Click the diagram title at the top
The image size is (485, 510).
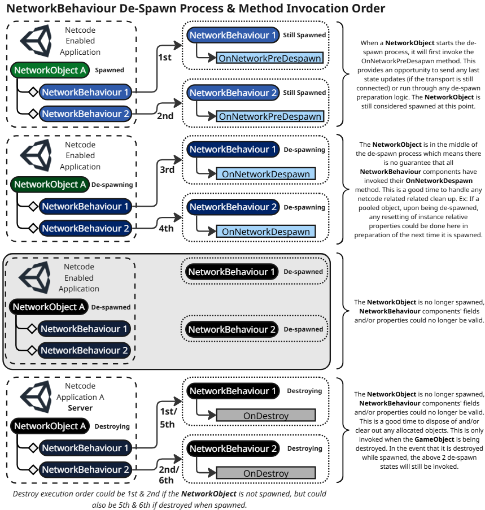tap(195, 9)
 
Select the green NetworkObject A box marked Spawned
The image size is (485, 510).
tap(50, 71)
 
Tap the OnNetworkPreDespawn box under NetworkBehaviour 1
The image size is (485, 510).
tap(270, 58)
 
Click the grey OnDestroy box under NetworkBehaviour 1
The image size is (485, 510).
tap(265, 416)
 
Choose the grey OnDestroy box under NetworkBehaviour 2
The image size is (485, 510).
tap(265, 473)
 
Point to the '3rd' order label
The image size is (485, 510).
tap(167, 169)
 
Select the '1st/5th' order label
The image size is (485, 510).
tap(167, 417)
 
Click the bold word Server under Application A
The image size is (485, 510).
tap(80, 408)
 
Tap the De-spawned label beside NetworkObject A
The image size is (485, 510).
tap(111, 308)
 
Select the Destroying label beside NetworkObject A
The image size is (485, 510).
tap(112, 426)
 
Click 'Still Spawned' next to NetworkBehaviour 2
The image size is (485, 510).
tap(304, 93)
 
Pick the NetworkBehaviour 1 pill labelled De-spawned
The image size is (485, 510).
tap(231, 272)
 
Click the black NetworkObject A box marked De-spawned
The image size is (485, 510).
tap(49, 307)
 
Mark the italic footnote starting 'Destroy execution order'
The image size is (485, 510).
tap(169, 499)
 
